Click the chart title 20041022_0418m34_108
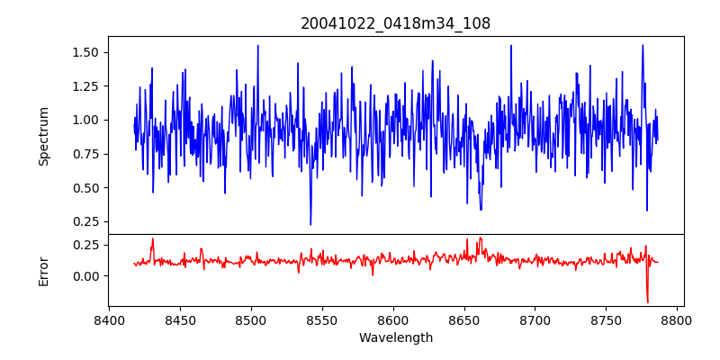pos(395,23)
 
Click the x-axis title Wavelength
pos(395,337)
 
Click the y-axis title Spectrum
pos(43,136)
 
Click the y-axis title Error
pos(43,270)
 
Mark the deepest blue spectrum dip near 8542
pos(310,224)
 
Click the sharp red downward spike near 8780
pos(647,301)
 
